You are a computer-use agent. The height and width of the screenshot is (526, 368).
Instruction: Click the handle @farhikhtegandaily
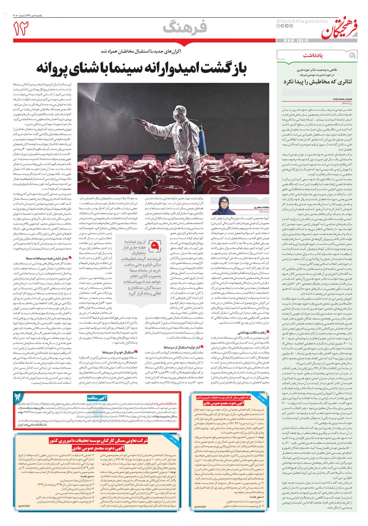pyautogui.click(x=292, y=21)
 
